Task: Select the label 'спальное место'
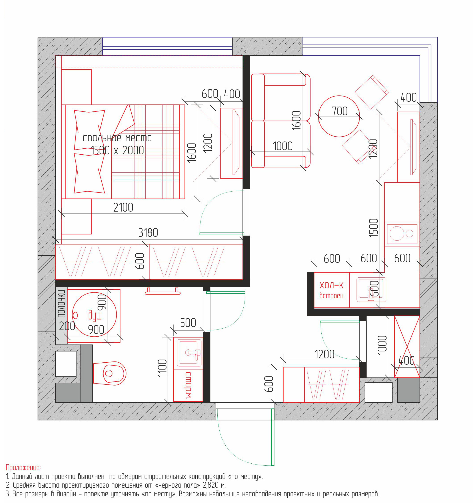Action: tap(117, 138)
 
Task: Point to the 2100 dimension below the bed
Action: tap(123, 208)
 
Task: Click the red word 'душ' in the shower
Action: tap(95, 315)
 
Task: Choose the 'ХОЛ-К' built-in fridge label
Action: tap(331, 286)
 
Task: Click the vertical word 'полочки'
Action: tap(61, 304)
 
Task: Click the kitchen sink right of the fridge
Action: tap(371, 290)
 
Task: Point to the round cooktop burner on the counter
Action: tap(397, 233)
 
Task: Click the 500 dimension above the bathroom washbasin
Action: tap(188, 323)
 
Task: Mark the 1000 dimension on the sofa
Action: tap(283, 146)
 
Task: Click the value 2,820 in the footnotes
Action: tap(211, 485)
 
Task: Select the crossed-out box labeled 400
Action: tap(407, 347)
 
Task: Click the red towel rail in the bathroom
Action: tap(162, 291)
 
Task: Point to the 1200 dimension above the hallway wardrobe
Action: tap(324, 354)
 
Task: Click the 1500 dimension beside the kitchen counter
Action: tap(374, 228)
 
